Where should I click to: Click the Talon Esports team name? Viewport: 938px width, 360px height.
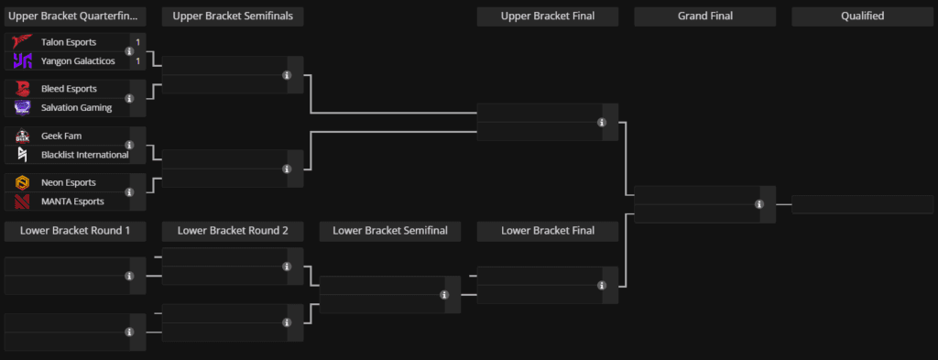(x=69, y=42)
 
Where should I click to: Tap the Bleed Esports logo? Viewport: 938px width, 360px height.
(x=23, y=89)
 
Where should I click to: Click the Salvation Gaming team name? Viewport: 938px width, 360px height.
(x=76, y=108)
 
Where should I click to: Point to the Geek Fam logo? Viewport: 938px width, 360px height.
(x=23, y=136)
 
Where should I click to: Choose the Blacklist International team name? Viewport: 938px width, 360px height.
(x=84, y=155)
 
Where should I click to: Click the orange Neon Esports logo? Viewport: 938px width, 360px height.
(x=23, y=183)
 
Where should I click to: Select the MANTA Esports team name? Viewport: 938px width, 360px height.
(x=72, y=202)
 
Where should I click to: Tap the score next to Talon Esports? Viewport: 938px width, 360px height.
(x=137, y=42)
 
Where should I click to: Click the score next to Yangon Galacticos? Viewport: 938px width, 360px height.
(x=137, y=61)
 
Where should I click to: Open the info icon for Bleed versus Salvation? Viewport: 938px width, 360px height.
(x=129, y=98)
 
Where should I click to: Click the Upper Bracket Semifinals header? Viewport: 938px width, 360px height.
(x=233, y=16)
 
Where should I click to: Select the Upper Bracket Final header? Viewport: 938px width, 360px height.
(x=548, y=16)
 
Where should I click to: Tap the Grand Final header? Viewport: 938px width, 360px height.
(x=704, y=16)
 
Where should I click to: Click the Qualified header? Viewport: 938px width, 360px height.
(x=862, y=16)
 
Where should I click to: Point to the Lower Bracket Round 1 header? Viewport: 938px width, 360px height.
(x=75, y=231)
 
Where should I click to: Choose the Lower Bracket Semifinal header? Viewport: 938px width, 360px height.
(x=390, y=231)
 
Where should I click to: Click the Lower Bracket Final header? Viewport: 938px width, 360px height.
(x=548, y=231)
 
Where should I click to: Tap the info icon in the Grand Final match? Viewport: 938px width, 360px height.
(x=759, y=204)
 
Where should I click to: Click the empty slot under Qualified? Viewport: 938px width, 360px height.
(x=862, y=204)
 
